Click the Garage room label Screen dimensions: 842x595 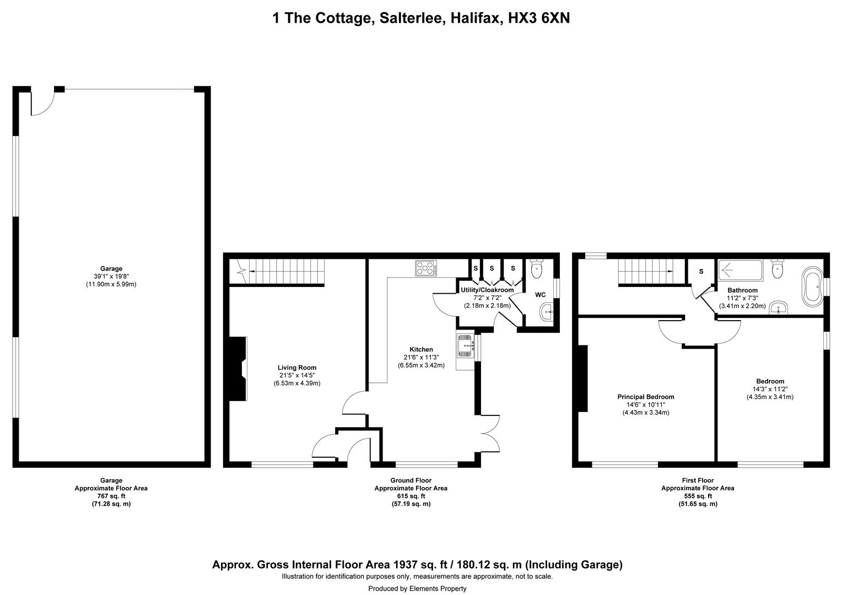tap(111, 269)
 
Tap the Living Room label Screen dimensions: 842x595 tap(297, 367)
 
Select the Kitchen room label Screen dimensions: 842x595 tap(421, 349)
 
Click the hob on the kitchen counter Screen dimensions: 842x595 tap(426, 268)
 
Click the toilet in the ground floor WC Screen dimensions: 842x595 tap(536, 268)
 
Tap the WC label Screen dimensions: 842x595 tap(540, 295)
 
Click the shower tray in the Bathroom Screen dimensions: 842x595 tap(740, 270)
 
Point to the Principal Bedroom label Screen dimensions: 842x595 tap(646, 397)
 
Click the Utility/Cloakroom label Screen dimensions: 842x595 tap(487, 290)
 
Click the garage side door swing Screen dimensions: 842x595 tap(42, 104)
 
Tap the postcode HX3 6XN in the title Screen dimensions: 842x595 tap(539, 18)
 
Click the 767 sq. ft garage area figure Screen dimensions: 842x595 tap(111, 496)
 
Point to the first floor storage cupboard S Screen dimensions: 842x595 tap(701, 272)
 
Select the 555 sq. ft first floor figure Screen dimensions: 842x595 tap(698, 496)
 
